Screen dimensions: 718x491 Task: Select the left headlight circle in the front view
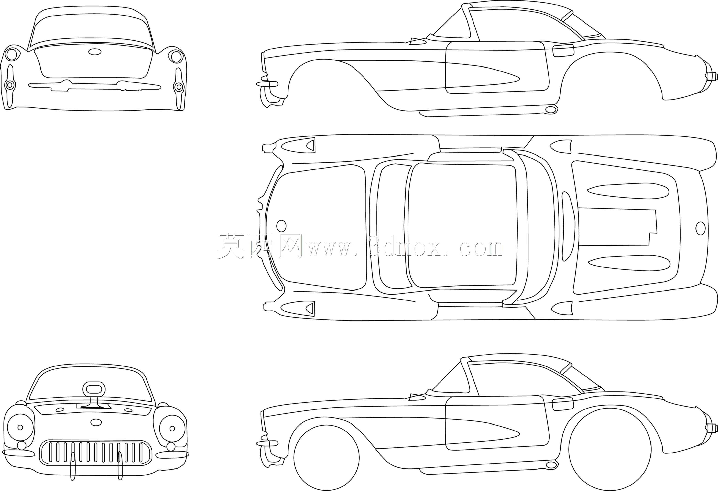(x=20, y=428)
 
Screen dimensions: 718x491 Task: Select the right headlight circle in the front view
(x=172, y=428)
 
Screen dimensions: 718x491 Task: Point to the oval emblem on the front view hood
(x=96, y=422)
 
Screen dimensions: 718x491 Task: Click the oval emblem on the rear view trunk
(x=95, y=52)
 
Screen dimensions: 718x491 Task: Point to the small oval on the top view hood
(x=281, y=226)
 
